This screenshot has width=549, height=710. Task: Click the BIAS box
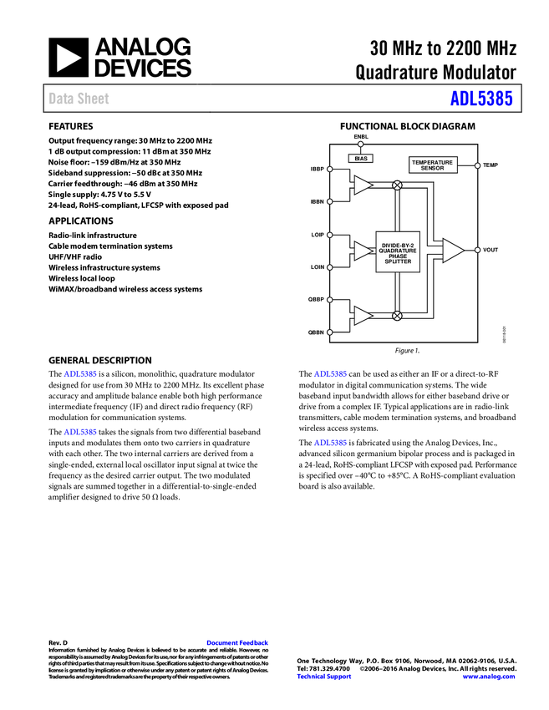pyautogui.click(x=360, y=158)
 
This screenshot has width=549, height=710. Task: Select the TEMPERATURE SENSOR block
pyautogui.click(x=433, y=165)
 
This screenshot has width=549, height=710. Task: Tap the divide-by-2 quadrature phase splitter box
pyautogui.click(x=398, y=251)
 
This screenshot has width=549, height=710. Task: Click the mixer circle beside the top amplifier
pyautogui.click(x=397, y=185)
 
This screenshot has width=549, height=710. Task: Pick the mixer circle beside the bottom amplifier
pyautogui.click(x=397, y=316)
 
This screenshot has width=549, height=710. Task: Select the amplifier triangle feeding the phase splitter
pyautogui.click(x=363, y=251)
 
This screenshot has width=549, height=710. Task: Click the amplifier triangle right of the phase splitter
pyautogui.click(x=452, y=251)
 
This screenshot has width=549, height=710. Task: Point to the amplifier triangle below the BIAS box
pyautogui.click(x=362, y=185)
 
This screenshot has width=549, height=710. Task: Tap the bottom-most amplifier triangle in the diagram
pyautogui.click(x=362, y=316)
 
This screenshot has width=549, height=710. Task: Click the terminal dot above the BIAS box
pyautogui.click(x=360, y=144)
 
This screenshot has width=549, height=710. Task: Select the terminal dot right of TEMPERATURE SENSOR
pyautogui.click(x=477, y=165)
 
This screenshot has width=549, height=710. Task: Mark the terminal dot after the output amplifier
pyautogui.click(x=477, y=250)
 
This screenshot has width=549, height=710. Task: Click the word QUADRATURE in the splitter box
pyautogui.click(x=398, y=251)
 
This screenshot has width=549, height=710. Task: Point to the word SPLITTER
pyautogui.click(x=398, y=262)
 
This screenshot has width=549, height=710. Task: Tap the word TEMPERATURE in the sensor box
pyautogui.click(x=433, y=162)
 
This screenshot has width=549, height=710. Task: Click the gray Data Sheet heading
pyautogui.click(x=79, y=99)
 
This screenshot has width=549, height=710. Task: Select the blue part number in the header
pyautogui.click(x=480, y=99)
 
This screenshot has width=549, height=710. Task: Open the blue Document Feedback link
pyautogui.click(x=238, y=643)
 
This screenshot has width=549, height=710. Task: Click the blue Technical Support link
pyautogui.click(x=324, y=677)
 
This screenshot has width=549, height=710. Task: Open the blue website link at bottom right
pyautogui.click(x=489, y=677)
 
